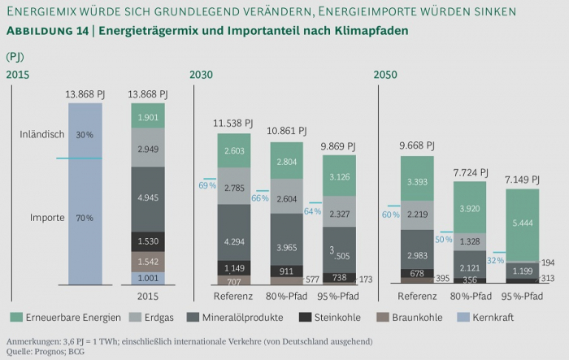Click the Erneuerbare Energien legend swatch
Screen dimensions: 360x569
pyautogui.click(x=15, y=317)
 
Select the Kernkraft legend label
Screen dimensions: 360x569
pyautogui.click(x=492, y=317)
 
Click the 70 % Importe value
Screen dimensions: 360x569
pyautogui.click(x=85, y=218)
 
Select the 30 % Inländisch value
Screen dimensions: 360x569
pyautogui.click(x=85, y=134)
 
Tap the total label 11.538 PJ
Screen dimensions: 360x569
pyautogui.click(x=233, y=124)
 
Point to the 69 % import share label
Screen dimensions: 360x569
pyautogui.click(x=207, y=186)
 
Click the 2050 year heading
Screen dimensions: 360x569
pyautogui.click(x=386, y=75)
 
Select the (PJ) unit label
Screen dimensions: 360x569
pyautogui.click(x=15, y=56)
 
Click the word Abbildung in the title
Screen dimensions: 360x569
pyautogui.click(x=39, y=30)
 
